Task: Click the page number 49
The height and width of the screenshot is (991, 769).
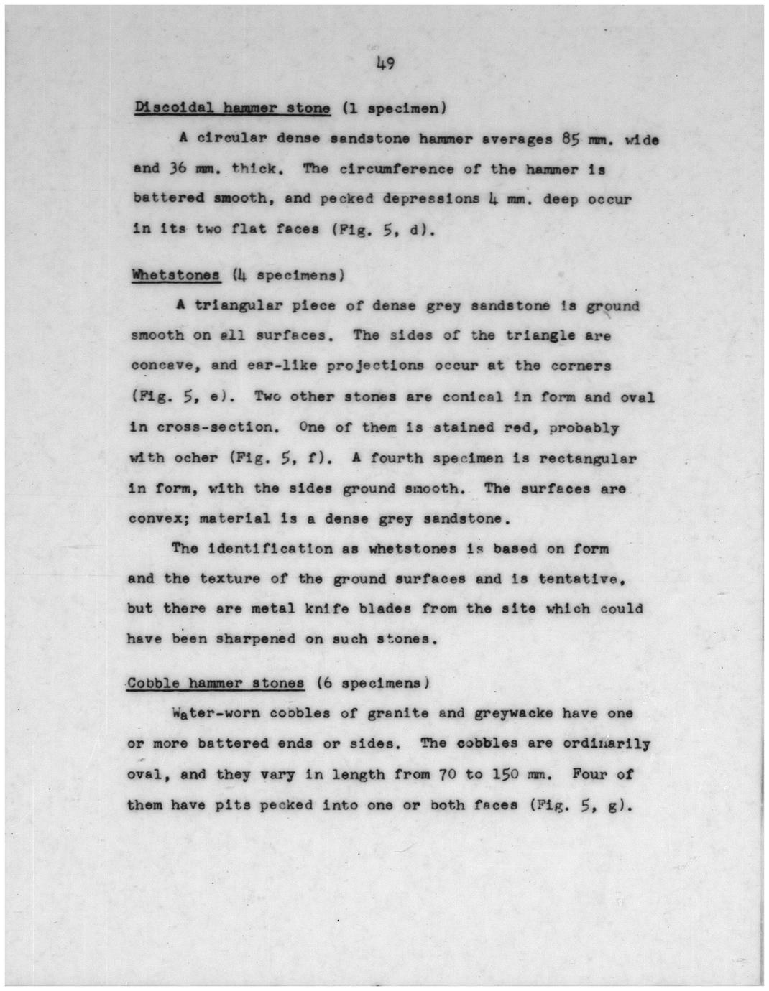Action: [x=384, y=64]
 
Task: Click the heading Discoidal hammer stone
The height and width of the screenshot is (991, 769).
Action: [x=232, y=108]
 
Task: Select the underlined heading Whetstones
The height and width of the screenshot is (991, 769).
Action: [x=175, y=275]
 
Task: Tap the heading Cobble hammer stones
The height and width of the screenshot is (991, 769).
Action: [x=216, y=683]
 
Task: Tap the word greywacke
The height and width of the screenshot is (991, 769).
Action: [x=514, y=714]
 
